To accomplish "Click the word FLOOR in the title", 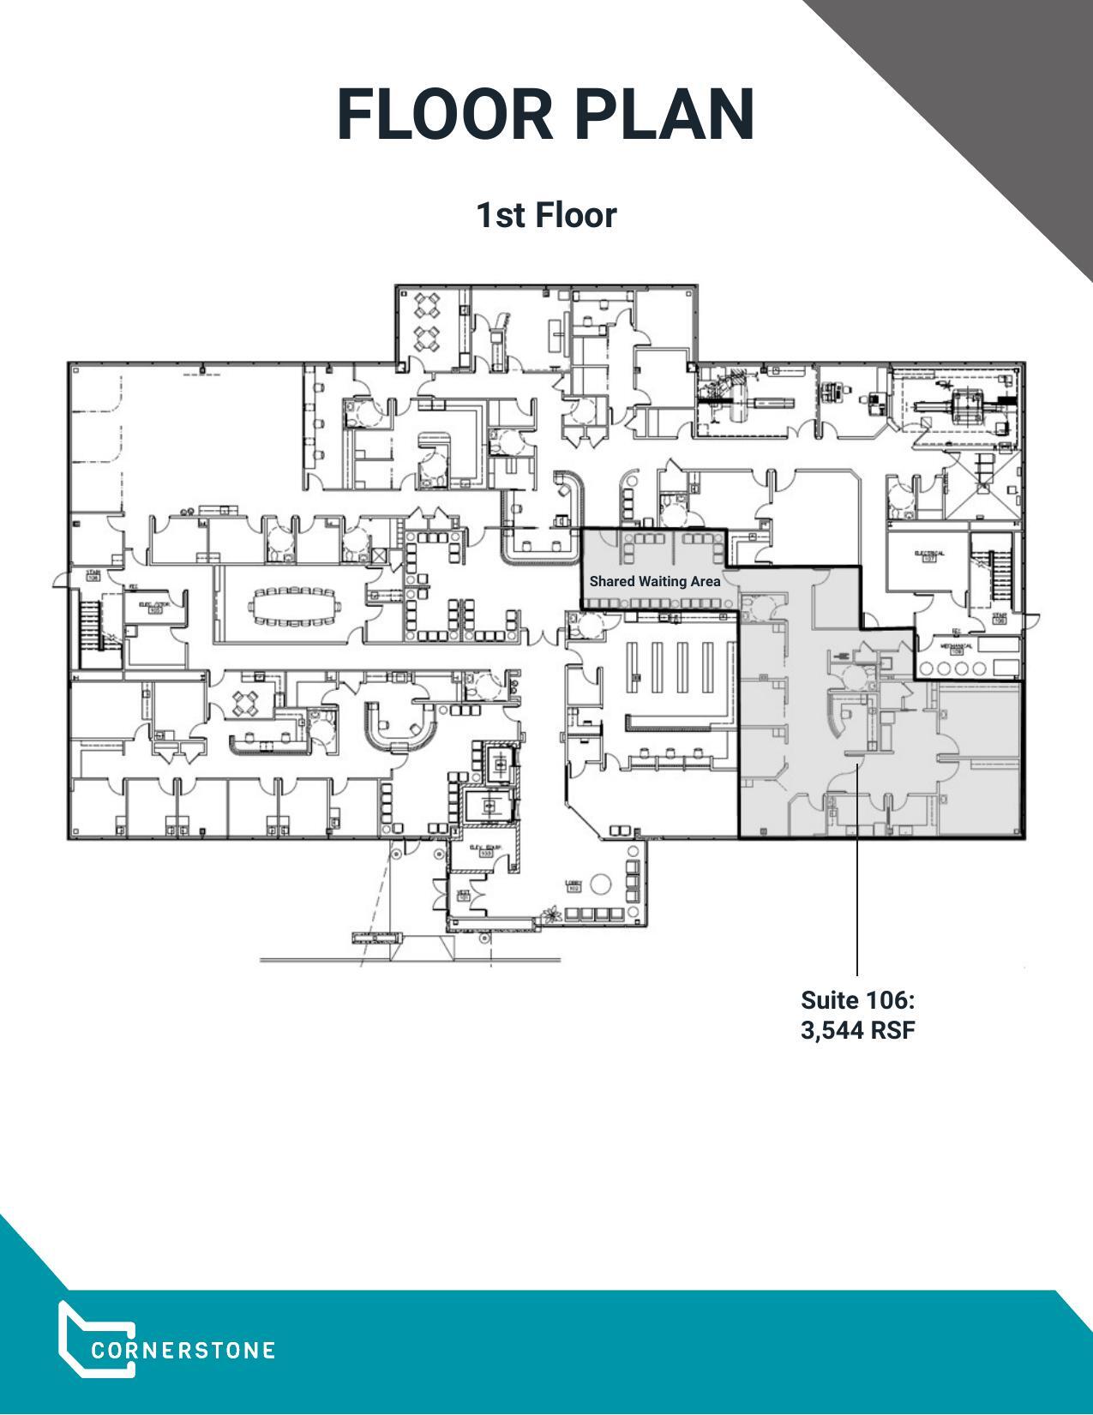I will (x=445, y=115).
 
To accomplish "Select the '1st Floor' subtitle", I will (x=546, y=215).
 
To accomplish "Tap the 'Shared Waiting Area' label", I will (x=654, y=581).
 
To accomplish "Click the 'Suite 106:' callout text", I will (x=857, y=1000).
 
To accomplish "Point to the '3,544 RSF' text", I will (x=857, y=1029).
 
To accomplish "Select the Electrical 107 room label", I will (x=928, y=555).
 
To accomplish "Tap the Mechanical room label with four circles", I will (x=957, y=649).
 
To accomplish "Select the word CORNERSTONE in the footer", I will (x=183, y=1351).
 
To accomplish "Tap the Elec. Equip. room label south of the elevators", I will (x=485, y=850).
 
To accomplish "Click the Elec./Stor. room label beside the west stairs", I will (x=154, y=607).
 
